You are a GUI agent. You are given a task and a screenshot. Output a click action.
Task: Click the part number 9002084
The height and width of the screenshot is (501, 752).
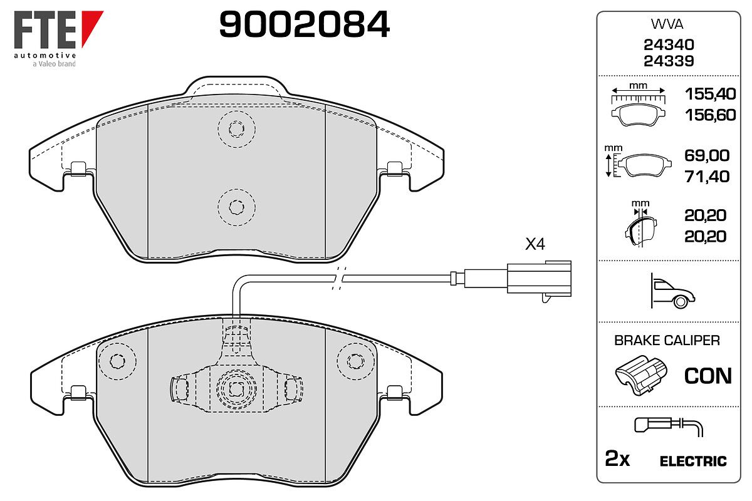pyautogui.click(x=304, y=24)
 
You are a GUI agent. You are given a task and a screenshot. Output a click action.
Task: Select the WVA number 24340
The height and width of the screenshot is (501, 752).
pyautogui.click(x=669, y=44)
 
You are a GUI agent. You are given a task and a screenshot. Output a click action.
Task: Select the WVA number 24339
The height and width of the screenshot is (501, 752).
pyautogui.click(x=669, y=61)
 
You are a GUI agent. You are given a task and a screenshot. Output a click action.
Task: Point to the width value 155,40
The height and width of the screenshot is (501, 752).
pyautogui.click(x=710, y=94)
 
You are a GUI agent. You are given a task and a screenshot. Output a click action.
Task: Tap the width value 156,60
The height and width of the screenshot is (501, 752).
pyautogui.click(x=710, y=115)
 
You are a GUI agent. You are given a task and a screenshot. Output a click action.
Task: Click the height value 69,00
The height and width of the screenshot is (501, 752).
pyautogui.click(x=707, y=156)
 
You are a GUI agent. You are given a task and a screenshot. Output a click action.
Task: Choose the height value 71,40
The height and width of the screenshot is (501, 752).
pyautogui.click(x=707, y=177)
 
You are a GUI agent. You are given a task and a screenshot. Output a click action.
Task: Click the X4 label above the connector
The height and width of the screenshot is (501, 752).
pyautogui.click(x=535, y=244)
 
